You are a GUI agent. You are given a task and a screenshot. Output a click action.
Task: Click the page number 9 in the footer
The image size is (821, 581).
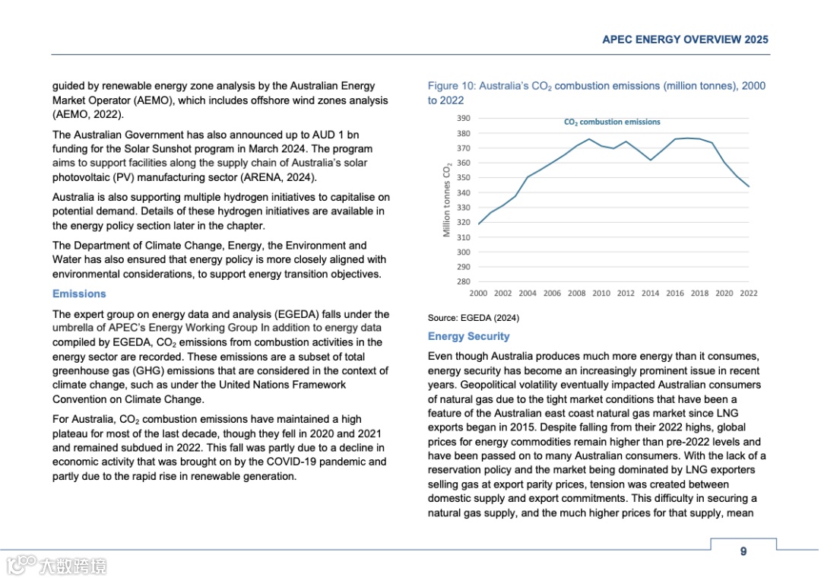743,551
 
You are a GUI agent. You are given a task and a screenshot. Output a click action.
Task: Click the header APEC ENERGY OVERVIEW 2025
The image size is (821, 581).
685,40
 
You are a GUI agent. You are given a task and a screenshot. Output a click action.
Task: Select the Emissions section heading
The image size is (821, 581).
79,294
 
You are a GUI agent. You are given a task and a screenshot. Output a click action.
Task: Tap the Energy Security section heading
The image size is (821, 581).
468,336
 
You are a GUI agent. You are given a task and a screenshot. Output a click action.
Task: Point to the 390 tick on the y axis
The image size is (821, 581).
463,119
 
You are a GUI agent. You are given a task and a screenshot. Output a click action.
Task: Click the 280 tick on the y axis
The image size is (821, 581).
463,281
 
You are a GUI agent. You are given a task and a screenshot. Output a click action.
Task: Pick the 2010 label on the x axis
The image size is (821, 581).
601,293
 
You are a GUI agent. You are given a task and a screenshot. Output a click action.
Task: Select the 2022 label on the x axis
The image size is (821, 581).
748,293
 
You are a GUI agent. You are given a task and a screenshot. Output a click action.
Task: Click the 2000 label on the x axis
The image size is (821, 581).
479,293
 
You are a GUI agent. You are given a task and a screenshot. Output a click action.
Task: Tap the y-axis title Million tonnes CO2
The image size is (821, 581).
448,199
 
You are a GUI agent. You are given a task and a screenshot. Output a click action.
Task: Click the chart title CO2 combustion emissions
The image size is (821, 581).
612,122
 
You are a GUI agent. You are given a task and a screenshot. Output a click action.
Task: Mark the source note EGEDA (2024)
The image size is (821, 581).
474,318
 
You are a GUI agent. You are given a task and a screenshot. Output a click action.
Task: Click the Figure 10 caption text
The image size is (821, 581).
596,93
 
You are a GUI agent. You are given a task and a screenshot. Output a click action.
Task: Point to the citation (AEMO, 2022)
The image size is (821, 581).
87,114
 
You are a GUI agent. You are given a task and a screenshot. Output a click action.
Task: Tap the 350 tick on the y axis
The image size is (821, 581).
463,178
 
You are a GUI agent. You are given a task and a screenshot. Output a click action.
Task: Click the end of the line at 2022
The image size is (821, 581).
749,186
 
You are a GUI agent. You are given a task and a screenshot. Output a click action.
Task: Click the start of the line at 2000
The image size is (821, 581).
479,224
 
